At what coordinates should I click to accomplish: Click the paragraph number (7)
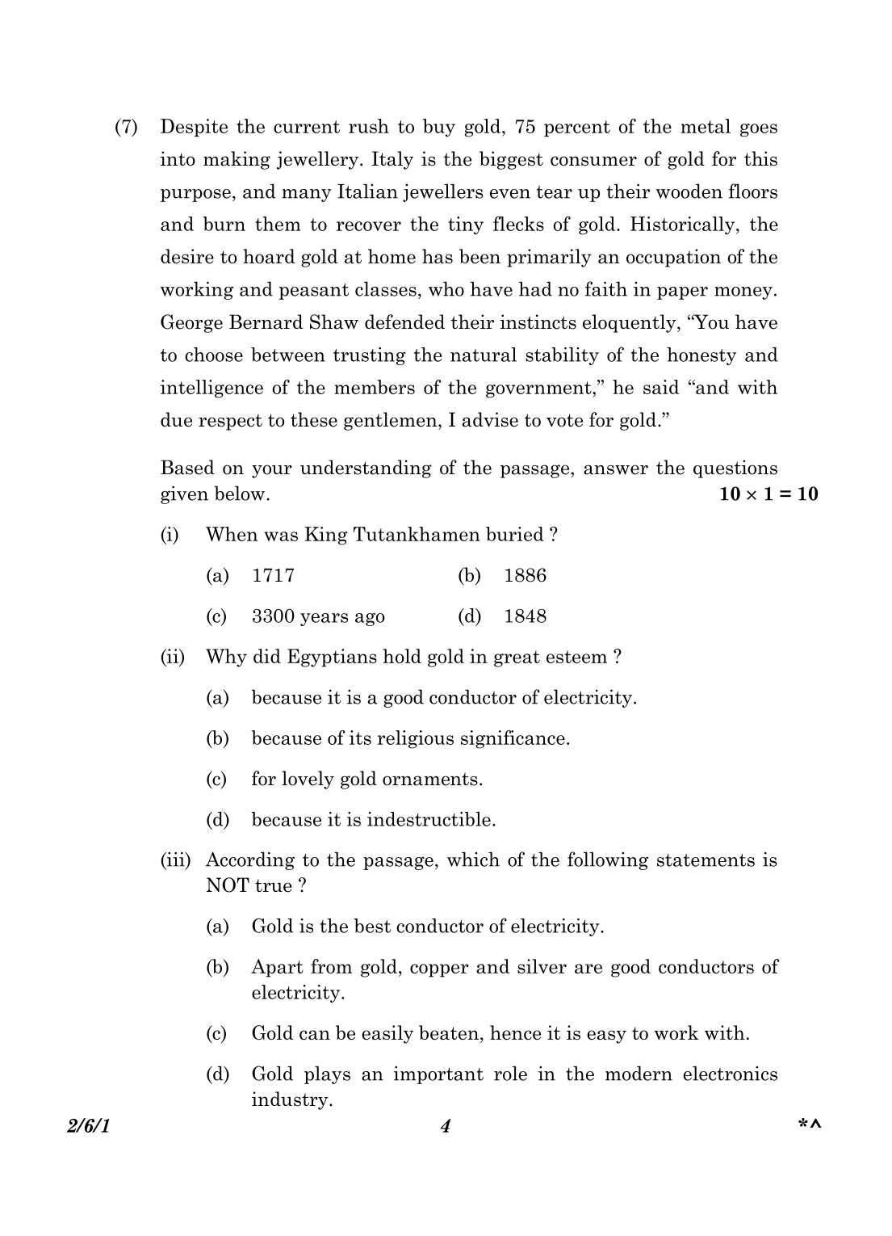pyautogui.click(x=126, y=128)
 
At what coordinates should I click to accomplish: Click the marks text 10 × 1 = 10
pyautogui.click(x=768, y=494)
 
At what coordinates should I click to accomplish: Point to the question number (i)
pyautogui.click(x=170, y=535)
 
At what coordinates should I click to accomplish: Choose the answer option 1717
pyautogui.click(x=273, y=576)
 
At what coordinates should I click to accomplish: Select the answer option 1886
pyautogui.click(x=525, y=576)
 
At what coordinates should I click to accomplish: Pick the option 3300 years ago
pyautogui.click(x=318, y=616)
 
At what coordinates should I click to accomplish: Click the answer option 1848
pyautogui.click(x=525, y=616)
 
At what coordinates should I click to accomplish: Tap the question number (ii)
pyautogui.click(x=172, y=657)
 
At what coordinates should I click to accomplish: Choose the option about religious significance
pyautogui.click(x=410, y=738)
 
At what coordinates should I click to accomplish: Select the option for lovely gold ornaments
pyautogui.click(x=366, y=780)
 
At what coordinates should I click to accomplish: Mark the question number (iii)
pyautogui.click(x=175, y=860)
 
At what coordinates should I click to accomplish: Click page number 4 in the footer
pyautogui.click(x=446, y=1126)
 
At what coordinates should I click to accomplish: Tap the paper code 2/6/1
pyautogui.click(x=89, y=1126)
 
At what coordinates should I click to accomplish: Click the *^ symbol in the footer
pyautogui.click(x=809, y=1125)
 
